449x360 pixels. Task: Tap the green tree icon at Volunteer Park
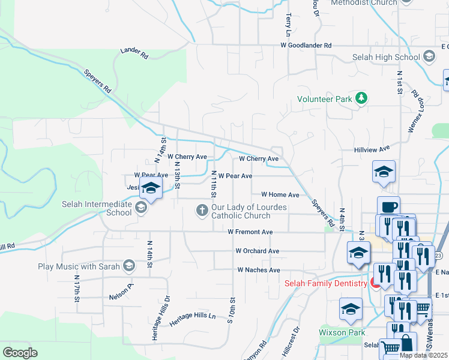pyautogui.click(x=361, y=98)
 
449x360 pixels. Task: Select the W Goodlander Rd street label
pyautogui.click(x=306, y=46)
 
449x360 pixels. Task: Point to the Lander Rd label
pyautogui.click(x=134, y=53)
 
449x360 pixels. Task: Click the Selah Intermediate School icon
pyautogui.click(x=142, y=208)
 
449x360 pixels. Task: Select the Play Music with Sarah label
pyautogui.click(x=79, y=266)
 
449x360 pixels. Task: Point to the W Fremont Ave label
pyautogui.click(x=250, y=232)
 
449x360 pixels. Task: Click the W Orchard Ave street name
pyautogui.click(x=257, y=251)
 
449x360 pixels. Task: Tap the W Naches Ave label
pyautogui.click(x=259, y=270)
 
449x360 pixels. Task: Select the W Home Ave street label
pyautogui.click(x=280, y=195)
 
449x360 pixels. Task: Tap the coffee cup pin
pyautogui.click(x=388, y=206)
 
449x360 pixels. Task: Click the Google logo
pyautogui.click(x=20, y=352)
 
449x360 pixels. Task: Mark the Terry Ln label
pyautogui.click(x=289, y=23)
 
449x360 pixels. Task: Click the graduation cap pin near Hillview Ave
pyautogui.click(x=384, y=172)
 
